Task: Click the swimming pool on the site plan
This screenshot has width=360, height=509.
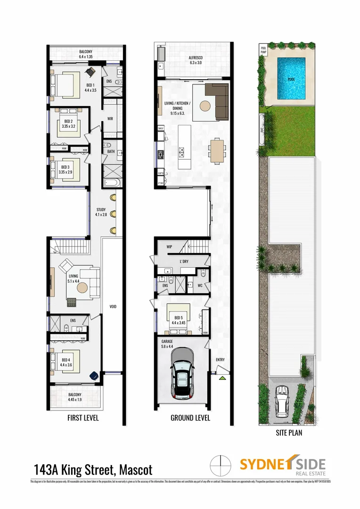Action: point(291,78)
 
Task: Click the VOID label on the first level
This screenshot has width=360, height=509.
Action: point(113,307)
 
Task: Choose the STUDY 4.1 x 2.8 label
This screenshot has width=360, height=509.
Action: point(101,213)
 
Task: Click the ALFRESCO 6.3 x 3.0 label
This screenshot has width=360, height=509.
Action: point(195,60)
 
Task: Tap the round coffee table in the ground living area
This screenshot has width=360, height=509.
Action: point(205,106)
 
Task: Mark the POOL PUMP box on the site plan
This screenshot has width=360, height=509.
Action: point(263,49)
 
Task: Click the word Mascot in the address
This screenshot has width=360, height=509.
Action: point(136,470)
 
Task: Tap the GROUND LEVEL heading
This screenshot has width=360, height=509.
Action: point(190,418)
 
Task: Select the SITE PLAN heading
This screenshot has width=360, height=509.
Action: point(289,432)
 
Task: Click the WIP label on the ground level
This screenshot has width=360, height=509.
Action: point(170,246)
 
